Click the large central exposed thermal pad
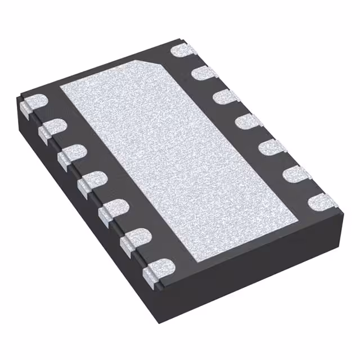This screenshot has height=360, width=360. (180, 157)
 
